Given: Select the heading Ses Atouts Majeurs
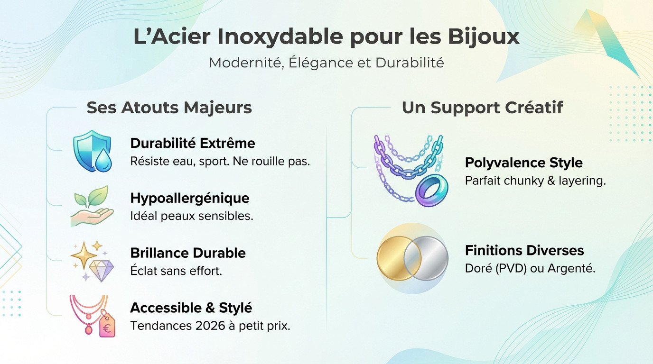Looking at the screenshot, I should click(x=169, y=108).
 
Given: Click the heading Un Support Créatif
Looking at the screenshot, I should click(x=482, y=108).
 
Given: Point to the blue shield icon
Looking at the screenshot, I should click(x=90, y=149).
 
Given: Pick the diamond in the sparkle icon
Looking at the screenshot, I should click(x=102, y=270).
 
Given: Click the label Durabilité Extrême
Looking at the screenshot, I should click(x=192, y=143).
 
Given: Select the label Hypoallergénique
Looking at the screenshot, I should click(x=189, y=198).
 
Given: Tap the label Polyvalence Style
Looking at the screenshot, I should click(x=523, y=163).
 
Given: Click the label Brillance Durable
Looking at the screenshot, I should click(x=187, y=253).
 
